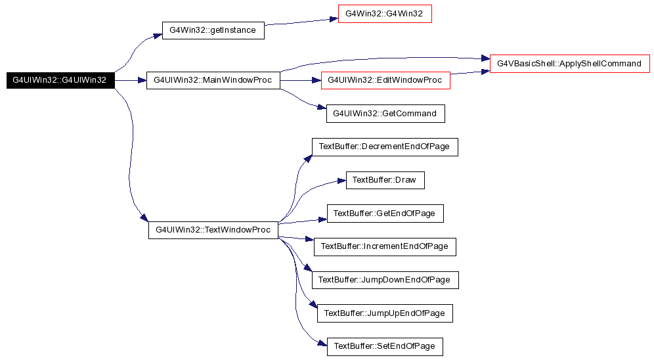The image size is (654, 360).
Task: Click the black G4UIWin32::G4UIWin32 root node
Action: [x=60, y=80]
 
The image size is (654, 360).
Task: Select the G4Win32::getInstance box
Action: [x=213, y=30]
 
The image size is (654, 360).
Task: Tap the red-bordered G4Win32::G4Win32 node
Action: [x=385, y=14]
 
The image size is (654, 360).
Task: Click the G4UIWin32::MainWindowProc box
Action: [x=213, y=80]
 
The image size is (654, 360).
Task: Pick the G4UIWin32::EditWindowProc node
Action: [x=385, y=80]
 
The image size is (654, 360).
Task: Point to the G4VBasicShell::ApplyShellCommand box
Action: [x=569, y=64]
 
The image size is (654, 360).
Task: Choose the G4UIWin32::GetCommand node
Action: [x=385, y=114]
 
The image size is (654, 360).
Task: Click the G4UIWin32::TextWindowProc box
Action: [x=213, y=230]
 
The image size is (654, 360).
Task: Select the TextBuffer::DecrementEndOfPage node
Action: [x=384, y=146]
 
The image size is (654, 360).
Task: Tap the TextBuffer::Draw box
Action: [x=385, y=180]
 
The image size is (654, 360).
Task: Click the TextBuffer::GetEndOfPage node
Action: [x=385, y=213]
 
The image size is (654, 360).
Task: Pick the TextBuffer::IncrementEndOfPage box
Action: [x=385, y=246]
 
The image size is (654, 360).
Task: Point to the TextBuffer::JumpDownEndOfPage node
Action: [x=384, y=280]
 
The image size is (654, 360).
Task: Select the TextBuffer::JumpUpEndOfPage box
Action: [x=385, y=313]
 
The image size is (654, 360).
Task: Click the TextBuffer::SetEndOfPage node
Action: [x=385, y=346]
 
